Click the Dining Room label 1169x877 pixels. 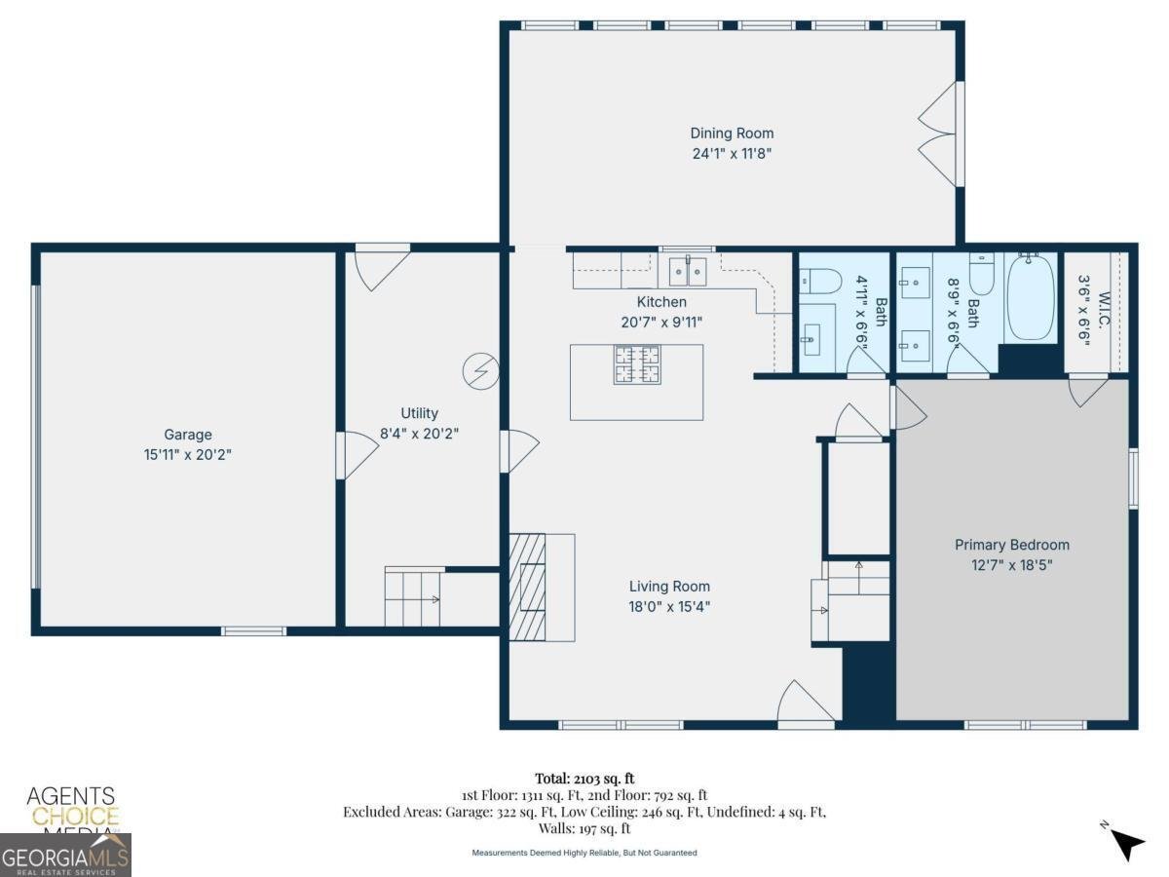coord(732,133)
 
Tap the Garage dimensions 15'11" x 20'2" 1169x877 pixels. coord(187,454)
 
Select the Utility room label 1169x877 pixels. coord(419,413)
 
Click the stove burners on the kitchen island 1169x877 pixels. coord(636,364)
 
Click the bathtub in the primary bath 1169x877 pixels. coord(1030,296)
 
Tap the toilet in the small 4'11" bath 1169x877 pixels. coord(820,281)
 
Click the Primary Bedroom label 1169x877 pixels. coord(1011,545)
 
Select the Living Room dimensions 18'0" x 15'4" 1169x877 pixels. coord(669,606)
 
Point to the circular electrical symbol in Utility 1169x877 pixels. coord(481,369)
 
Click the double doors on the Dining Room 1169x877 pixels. coord(941,134)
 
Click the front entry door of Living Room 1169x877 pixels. coord(807,705)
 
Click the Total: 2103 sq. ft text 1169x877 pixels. coord(584,778)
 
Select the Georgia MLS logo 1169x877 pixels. coord(65,856)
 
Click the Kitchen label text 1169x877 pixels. coord(661,302)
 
